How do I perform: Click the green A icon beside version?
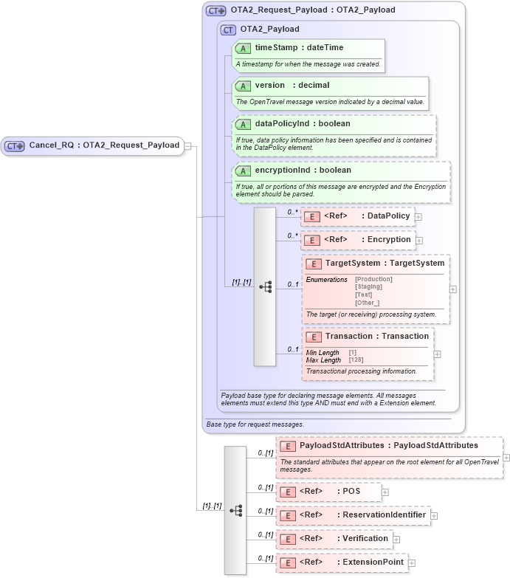coord(243,86)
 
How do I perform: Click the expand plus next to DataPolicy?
coord(418,216)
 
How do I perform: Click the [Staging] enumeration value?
coord(369,286)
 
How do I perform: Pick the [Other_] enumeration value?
coord(368,303)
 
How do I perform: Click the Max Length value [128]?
coord(356,360)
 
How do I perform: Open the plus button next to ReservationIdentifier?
coord(434,515)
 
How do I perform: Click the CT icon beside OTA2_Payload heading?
coord(228,30)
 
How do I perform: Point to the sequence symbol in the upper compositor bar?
coord(265,286)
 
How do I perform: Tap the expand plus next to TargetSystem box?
coord(453,289)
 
